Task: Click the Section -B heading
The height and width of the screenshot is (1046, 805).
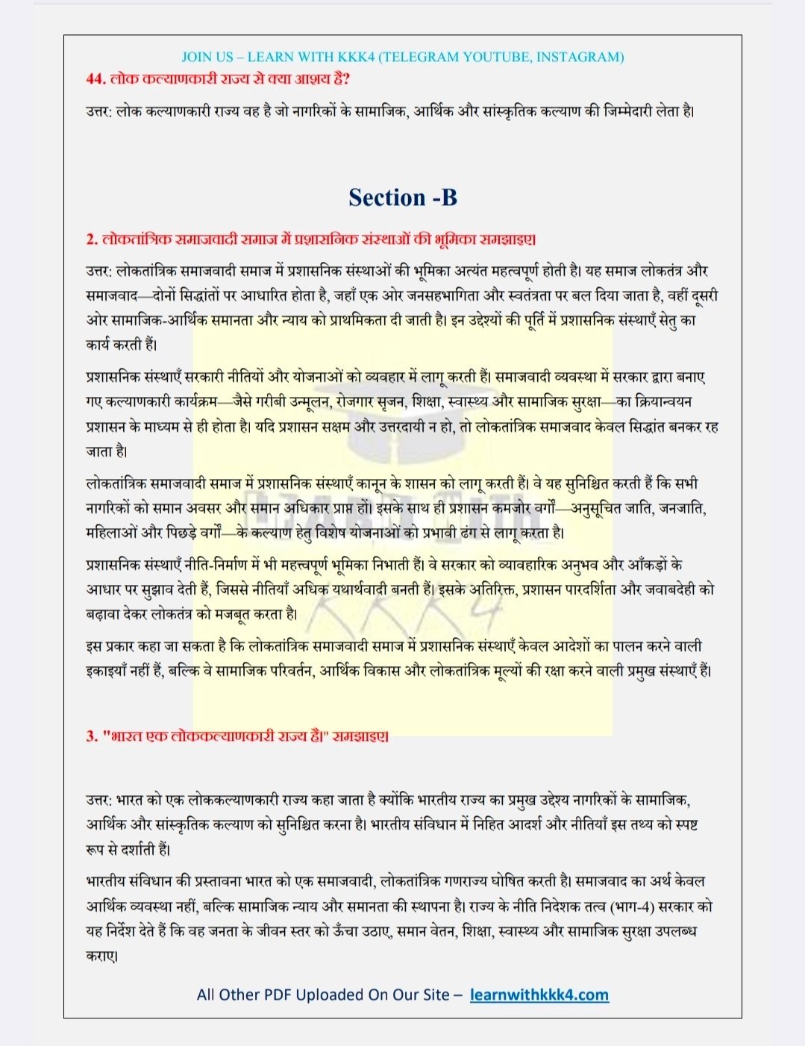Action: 402,198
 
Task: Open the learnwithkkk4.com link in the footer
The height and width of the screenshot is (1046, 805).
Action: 539,995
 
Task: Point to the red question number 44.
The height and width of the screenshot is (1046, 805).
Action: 95,78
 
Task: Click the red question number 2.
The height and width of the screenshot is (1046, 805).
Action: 92,239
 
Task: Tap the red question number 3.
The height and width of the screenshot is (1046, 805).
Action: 92,736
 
